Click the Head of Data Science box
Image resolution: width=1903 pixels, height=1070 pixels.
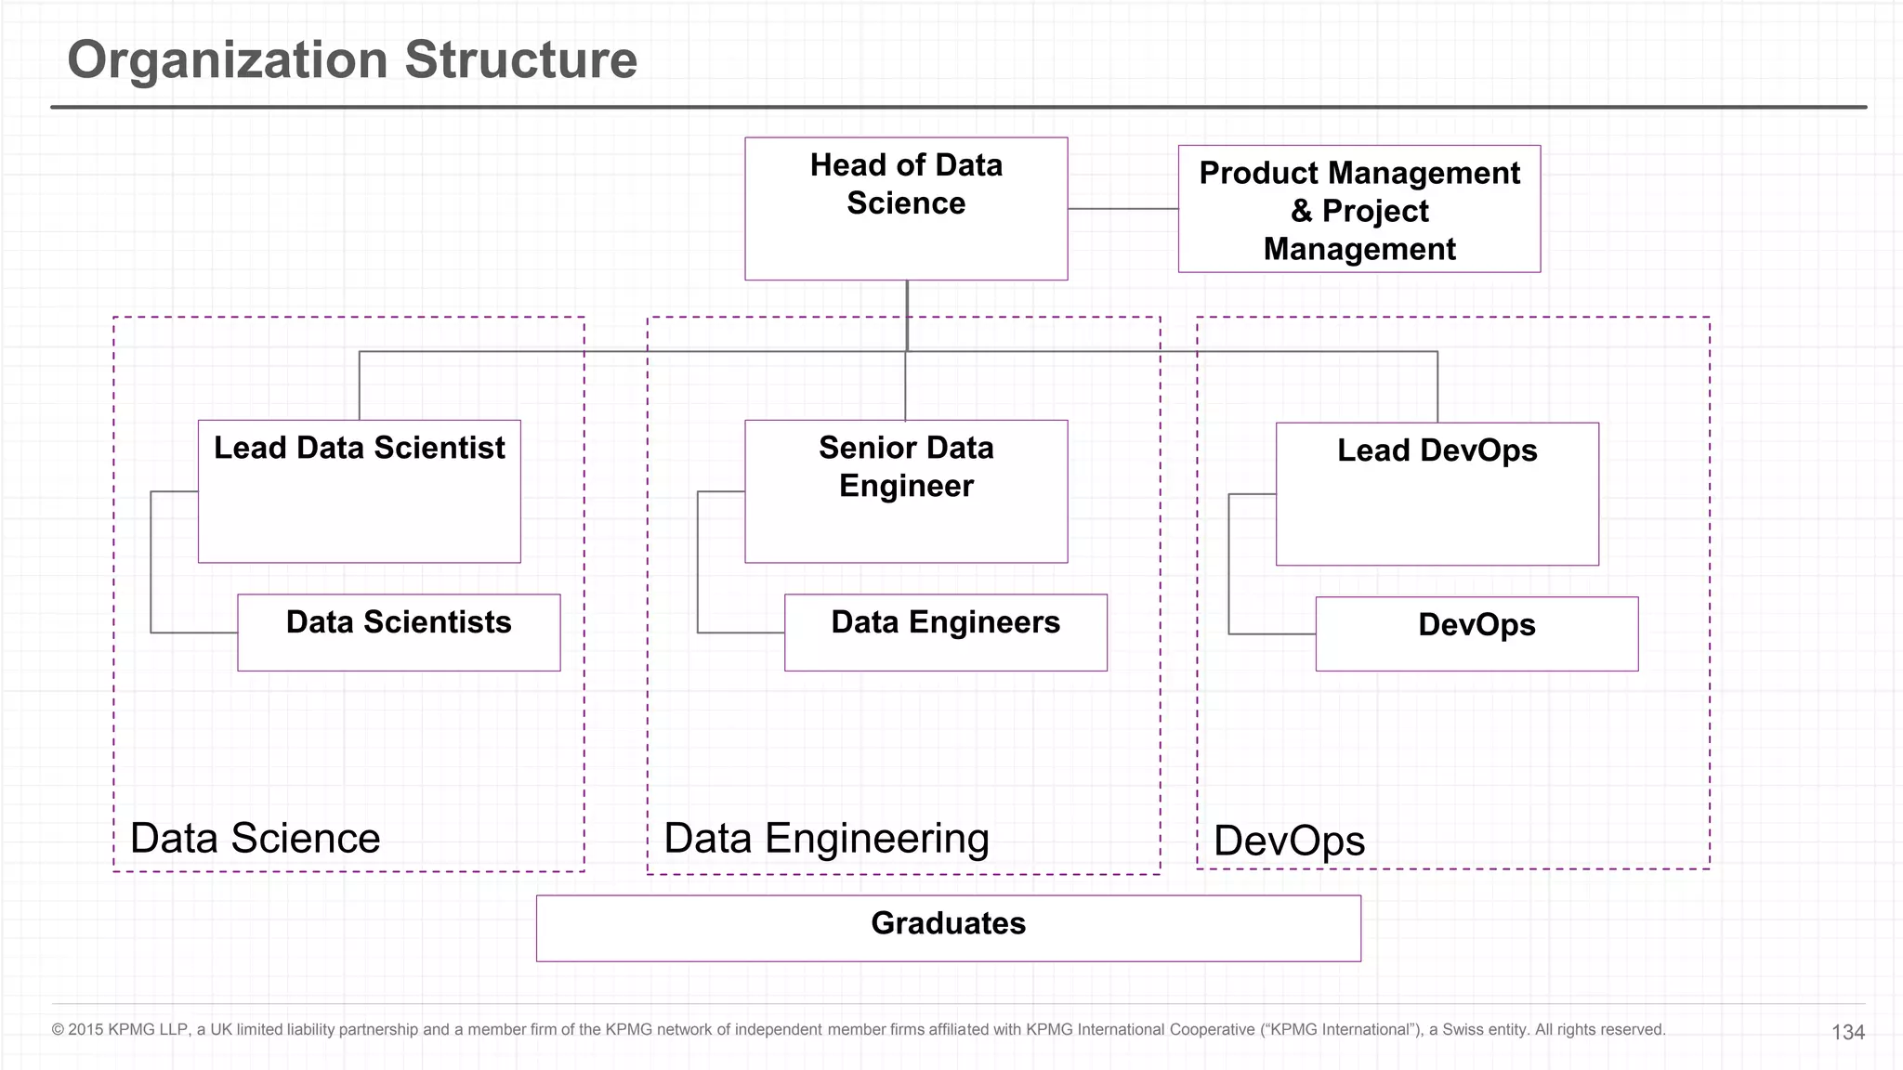[906, 209]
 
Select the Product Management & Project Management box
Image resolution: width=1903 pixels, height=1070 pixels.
[1358, 210]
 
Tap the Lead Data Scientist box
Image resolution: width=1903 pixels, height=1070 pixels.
[359, 491]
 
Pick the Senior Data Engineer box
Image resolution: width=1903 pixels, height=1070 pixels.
[906, 491]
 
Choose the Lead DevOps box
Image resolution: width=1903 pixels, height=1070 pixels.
[1437, 494]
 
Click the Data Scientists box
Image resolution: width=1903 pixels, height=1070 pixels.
[399, 633]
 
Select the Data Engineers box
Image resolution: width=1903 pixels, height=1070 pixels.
[945, 633]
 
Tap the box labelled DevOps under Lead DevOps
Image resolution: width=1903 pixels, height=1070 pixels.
[1476, 633]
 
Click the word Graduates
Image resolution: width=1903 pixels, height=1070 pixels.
[948, 923]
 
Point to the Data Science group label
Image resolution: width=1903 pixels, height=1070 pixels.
[255, 838]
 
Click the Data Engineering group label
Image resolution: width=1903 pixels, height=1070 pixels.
[826, 838]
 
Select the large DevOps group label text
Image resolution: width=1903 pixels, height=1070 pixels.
[1289, 841]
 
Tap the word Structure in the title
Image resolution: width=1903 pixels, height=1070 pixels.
[520, 59]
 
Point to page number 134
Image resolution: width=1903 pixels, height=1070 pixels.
[1847, 1032]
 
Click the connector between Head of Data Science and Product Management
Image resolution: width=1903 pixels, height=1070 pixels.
[1122, 209]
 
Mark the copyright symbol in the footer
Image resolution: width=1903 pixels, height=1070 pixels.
[58, 1029]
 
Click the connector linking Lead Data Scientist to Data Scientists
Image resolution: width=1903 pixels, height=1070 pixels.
[151, 562]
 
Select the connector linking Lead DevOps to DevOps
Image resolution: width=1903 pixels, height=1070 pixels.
[1229, 564]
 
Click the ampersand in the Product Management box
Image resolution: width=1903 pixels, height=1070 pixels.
[1301, 211]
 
